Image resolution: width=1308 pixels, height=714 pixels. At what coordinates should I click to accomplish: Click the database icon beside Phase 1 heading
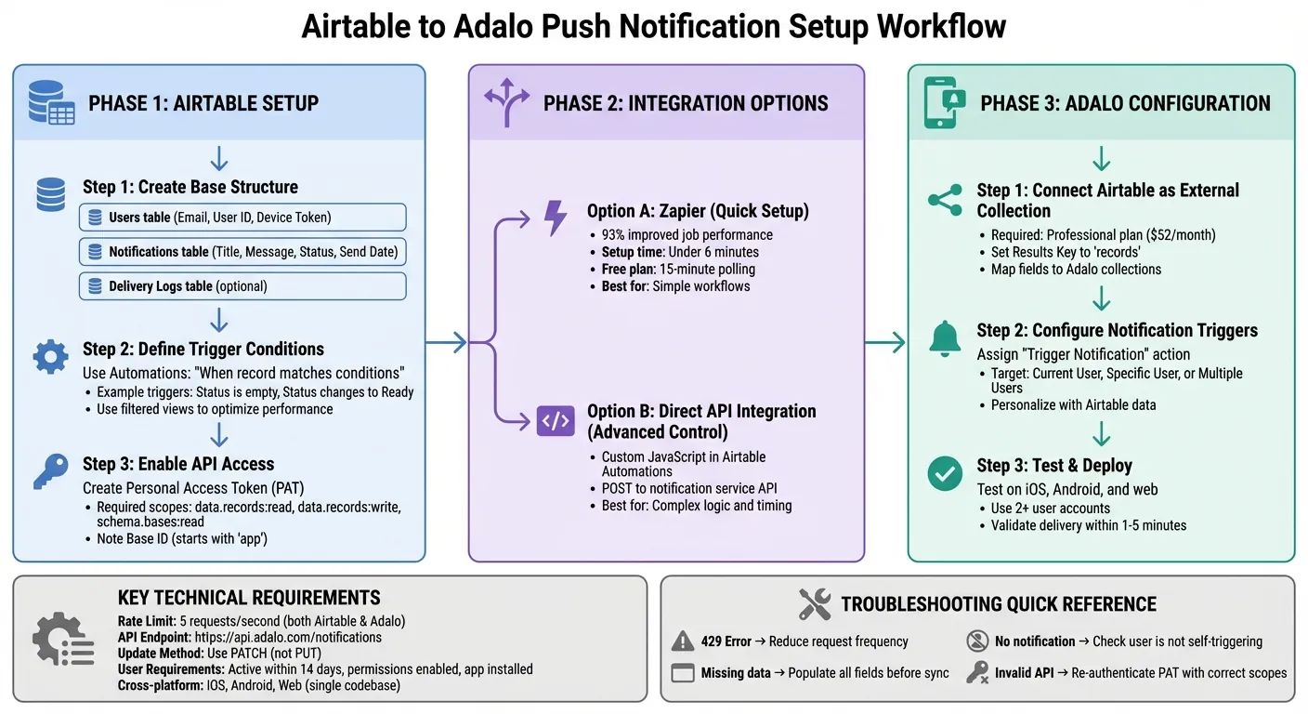51,102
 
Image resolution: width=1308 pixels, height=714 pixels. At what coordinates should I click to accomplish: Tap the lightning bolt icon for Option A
555,218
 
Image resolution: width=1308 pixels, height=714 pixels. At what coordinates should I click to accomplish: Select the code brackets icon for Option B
556,420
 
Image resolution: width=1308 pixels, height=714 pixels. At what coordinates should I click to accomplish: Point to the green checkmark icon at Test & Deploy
945,474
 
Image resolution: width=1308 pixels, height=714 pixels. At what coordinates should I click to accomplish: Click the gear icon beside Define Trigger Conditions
50,356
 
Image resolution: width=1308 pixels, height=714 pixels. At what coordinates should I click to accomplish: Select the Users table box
242,218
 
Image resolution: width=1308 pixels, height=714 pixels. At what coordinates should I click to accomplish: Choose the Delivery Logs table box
242,286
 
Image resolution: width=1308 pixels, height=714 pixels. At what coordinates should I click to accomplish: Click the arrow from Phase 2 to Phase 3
884,343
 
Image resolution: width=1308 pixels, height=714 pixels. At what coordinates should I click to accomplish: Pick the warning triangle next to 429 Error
683,641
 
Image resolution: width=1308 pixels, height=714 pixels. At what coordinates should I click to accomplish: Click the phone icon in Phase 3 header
944,102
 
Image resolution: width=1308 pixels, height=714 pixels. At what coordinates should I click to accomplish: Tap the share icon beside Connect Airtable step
945,200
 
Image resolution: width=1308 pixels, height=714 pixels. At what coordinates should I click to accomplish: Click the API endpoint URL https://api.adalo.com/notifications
288,638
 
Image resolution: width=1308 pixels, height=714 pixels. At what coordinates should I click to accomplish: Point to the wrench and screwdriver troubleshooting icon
815,604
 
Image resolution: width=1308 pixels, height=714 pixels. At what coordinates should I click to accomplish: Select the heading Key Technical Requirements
249,598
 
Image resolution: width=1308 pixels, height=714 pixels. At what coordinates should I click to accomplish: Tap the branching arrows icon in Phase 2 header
506,102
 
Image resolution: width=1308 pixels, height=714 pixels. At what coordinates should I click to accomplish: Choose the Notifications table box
242,252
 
